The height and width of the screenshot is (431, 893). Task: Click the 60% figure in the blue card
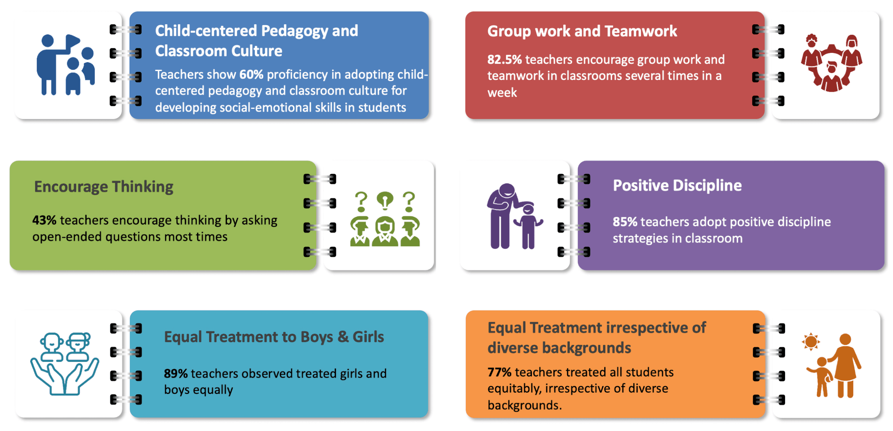tap(251, 74)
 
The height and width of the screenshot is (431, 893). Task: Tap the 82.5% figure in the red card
tap(504, 59)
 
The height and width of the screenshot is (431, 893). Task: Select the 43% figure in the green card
tap(44, 220)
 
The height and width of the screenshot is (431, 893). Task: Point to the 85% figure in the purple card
tap(625, 222)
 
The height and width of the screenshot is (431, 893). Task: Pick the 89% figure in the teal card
tap(176, 373)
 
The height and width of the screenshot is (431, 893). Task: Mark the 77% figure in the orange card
tap(499, 372)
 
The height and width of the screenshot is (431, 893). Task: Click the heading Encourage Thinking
tap(104, 187)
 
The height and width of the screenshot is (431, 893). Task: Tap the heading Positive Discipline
tap(677, 185)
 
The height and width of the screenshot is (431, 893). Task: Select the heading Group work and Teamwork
tap(582, 31)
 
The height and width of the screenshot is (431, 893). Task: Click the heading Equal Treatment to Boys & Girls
tap(274, 337)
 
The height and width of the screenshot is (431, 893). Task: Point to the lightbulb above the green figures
tap(385, 200)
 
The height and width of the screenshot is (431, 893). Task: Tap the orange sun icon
tap(811, 341)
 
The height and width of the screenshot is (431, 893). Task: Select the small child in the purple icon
tap(528, 227)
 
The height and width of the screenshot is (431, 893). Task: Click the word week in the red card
tap(502, 93)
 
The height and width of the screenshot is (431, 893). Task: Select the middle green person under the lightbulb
tap(385, 231)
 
